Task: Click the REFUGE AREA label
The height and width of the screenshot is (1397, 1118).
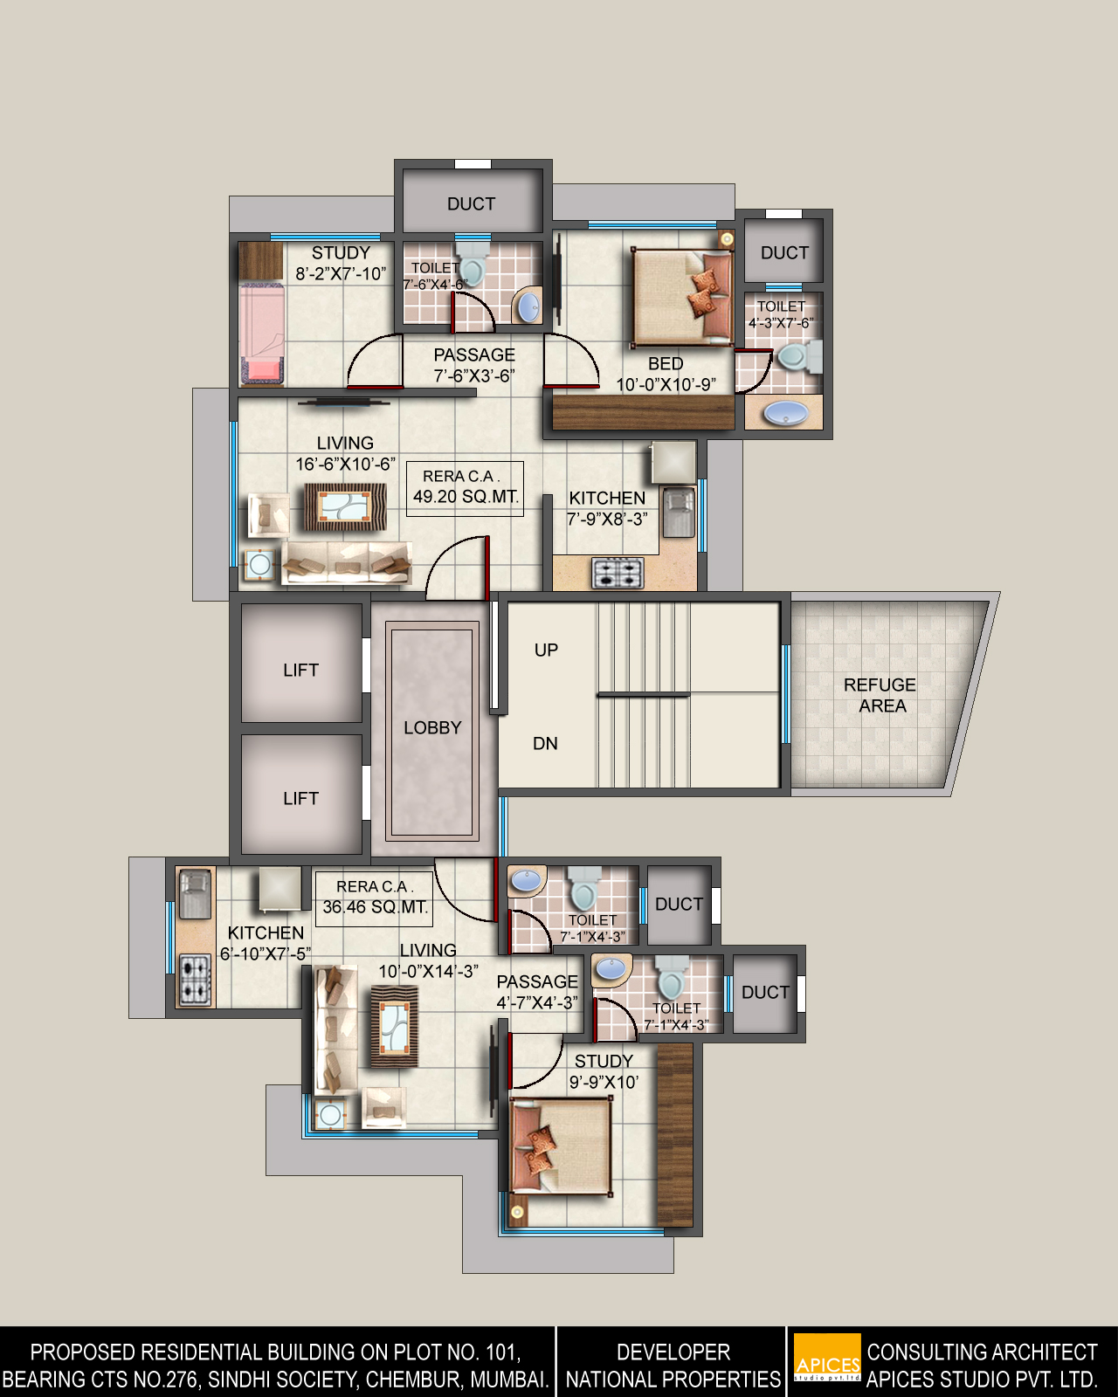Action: point(880,695)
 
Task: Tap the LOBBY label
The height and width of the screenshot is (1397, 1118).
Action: point(432,727)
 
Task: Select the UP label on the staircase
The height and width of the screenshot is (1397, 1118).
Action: point(546,650)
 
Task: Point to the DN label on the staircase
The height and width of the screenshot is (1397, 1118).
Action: point(545,743)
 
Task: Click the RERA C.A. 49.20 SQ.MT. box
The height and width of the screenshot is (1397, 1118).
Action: point(466,489)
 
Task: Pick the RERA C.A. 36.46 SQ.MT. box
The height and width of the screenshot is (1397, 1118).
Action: point(374,898)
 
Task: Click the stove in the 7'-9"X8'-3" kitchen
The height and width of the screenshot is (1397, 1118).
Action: point(618,574)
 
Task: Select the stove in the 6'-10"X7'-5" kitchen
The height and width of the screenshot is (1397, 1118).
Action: point(194,981)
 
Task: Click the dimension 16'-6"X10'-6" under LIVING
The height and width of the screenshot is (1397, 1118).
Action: point(345,465)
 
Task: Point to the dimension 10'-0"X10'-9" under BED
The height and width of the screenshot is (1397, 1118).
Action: point(666,384)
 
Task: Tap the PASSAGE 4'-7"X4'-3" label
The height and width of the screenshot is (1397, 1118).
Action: point(536,992)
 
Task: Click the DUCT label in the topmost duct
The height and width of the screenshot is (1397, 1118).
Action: point(471,203)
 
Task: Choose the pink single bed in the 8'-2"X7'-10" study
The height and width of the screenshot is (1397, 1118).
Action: point(262,334)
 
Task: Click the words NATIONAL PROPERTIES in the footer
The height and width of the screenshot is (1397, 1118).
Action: point(673,1379)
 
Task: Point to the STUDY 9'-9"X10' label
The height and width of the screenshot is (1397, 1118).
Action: point(604,1071)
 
